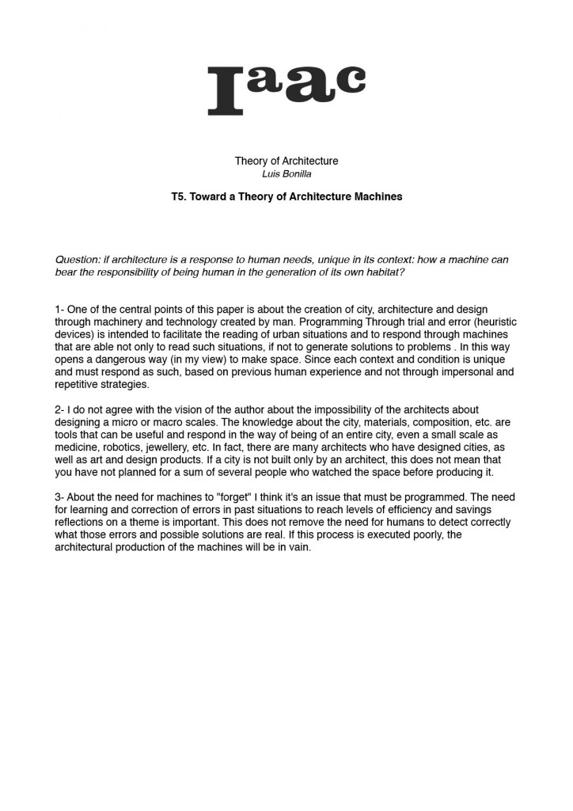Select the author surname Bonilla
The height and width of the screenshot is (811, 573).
point(296,173)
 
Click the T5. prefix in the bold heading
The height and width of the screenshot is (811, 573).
point(179,196)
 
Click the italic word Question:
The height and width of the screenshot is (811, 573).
point(78,260)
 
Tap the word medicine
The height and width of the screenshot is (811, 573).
point(79,447)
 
